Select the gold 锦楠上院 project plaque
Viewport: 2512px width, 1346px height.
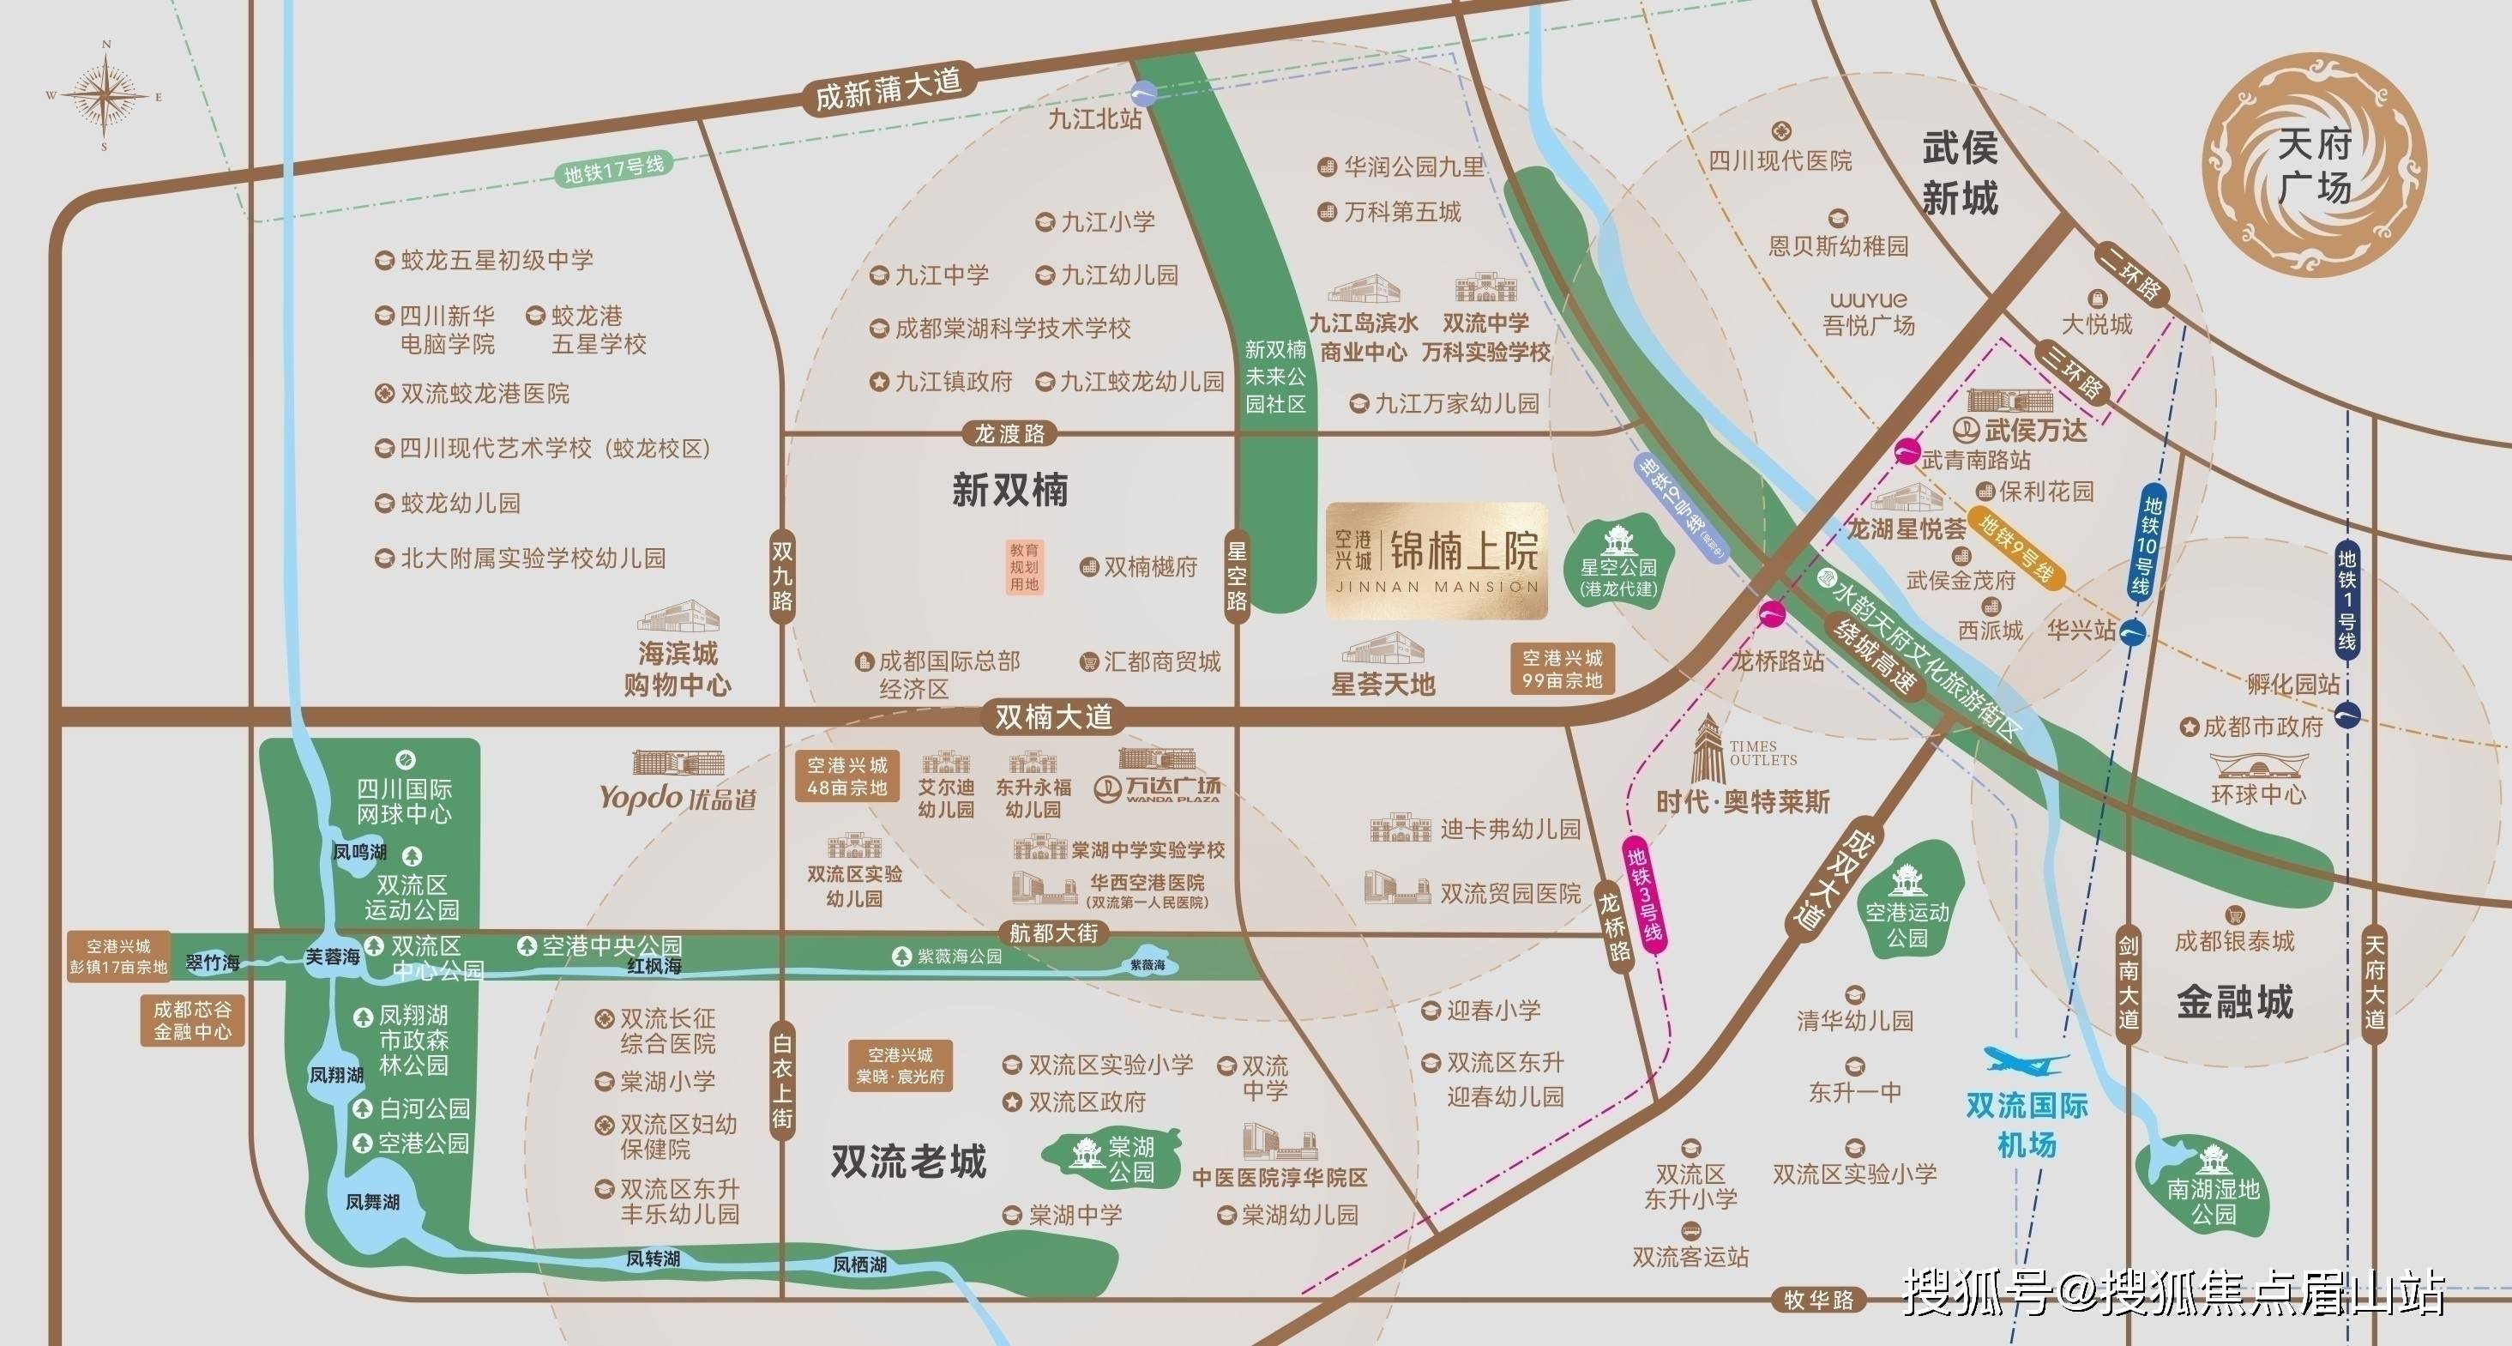pyautogui.click(x=1437, y=561)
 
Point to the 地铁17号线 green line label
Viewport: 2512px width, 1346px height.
pyautogui.click(x=613, y=170)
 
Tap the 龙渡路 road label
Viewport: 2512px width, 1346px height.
pyautogui.click(x=1009, y=433)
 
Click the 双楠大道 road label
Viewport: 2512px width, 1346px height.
pyautogui.click(x=1052, y=718)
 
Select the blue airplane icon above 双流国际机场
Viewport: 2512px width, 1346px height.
pyautogui.click(x=2027, y=1059)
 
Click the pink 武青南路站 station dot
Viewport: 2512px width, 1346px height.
pyautogui.click(x=1907, y=451)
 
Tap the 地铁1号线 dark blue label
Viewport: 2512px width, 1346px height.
pyautogui.click(x=2346, y=600)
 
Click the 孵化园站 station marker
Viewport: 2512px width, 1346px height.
pyautogui.click(x=2348, y=715)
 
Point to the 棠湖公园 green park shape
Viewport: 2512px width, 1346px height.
pyautogui.click(x=1110, y=1159)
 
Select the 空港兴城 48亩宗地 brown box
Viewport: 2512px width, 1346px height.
pyautogui.click(x=846, y=776)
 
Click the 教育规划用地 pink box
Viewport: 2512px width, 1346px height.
pyautogui.click(x=1024, y=568)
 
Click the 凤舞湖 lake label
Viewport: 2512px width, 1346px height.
pyautogui.click(x=372, y=1202)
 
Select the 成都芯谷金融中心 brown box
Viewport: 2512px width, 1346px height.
pyautogui.click(x=192, y=1020)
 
